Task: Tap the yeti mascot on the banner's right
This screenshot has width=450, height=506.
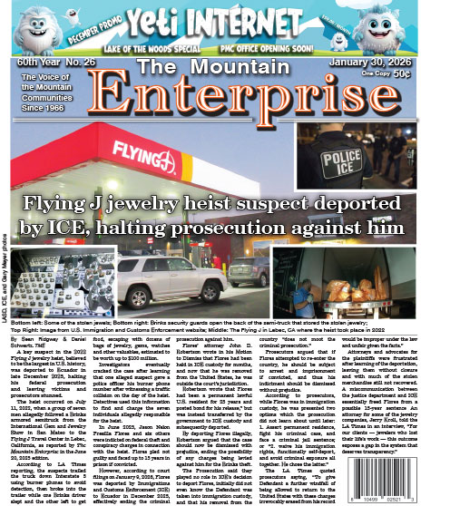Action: [x=413, y=30]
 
